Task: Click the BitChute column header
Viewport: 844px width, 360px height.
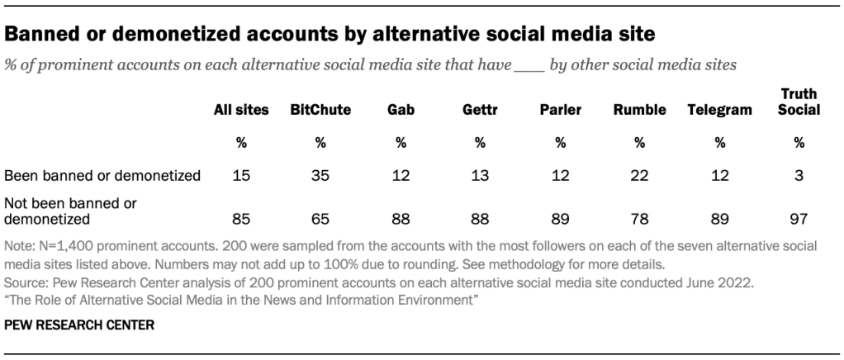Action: click(320, 110)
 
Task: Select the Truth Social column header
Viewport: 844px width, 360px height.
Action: click(799, 102)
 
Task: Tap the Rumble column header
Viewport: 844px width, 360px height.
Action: click(639, 110)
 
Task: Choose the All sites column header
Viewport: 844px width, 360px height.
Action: click(241, 110)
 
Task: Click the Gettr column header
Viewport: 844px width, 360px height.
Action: click(479, 110)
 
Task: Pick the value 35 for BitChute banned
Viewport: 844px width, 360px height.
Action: click(320, 175)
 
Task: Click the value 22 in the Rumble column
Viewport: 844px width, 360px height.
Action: click(639, 175)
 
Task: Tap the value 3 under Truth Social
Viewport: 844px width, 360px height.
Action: click(799, 175)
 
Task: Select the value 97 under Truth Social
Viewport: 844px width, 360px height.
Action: click(799, 219)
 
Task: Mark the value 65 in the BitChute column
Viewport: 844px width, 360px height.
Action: click(320, 219)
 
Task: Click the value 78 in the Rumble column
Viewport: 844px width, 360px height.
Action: click(639, 219)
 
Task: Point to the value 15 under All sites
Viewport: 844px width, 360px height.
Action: click(241, 175)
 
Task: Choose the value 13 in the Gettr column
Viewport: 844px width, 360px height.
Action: click(479, 175)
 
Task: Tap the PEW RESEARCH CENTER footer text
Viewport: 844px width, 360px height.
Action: click(67, 325)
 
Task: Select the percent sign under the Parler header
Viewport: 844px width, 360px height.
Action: click(560, 142)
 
